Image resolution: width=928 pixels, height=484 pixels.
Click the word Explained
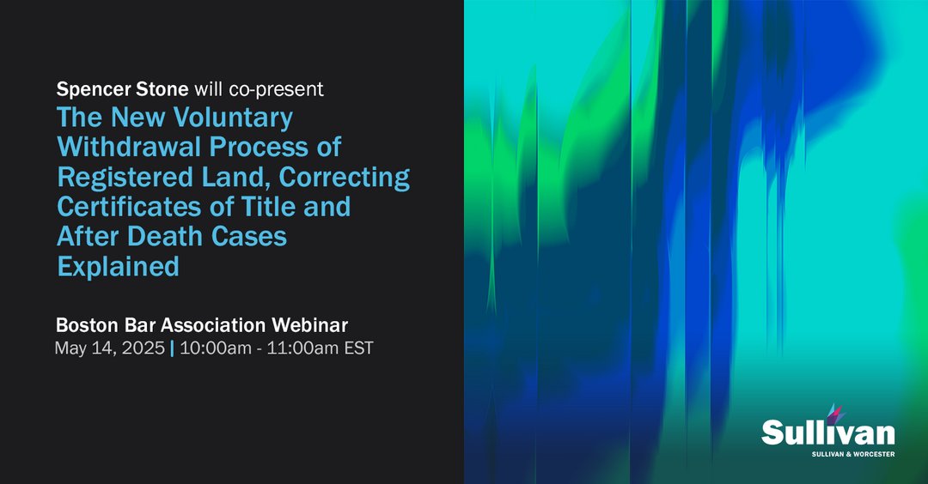119,266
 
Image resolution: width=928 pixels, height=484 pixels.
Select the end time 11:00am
300,349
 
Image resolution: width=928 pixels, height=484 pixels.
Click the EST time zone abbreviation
358,349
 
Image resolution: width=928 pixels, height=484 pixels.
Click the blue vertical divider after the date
172,349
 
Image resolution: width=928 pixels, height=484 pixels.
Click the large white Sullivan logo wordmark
827,432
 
